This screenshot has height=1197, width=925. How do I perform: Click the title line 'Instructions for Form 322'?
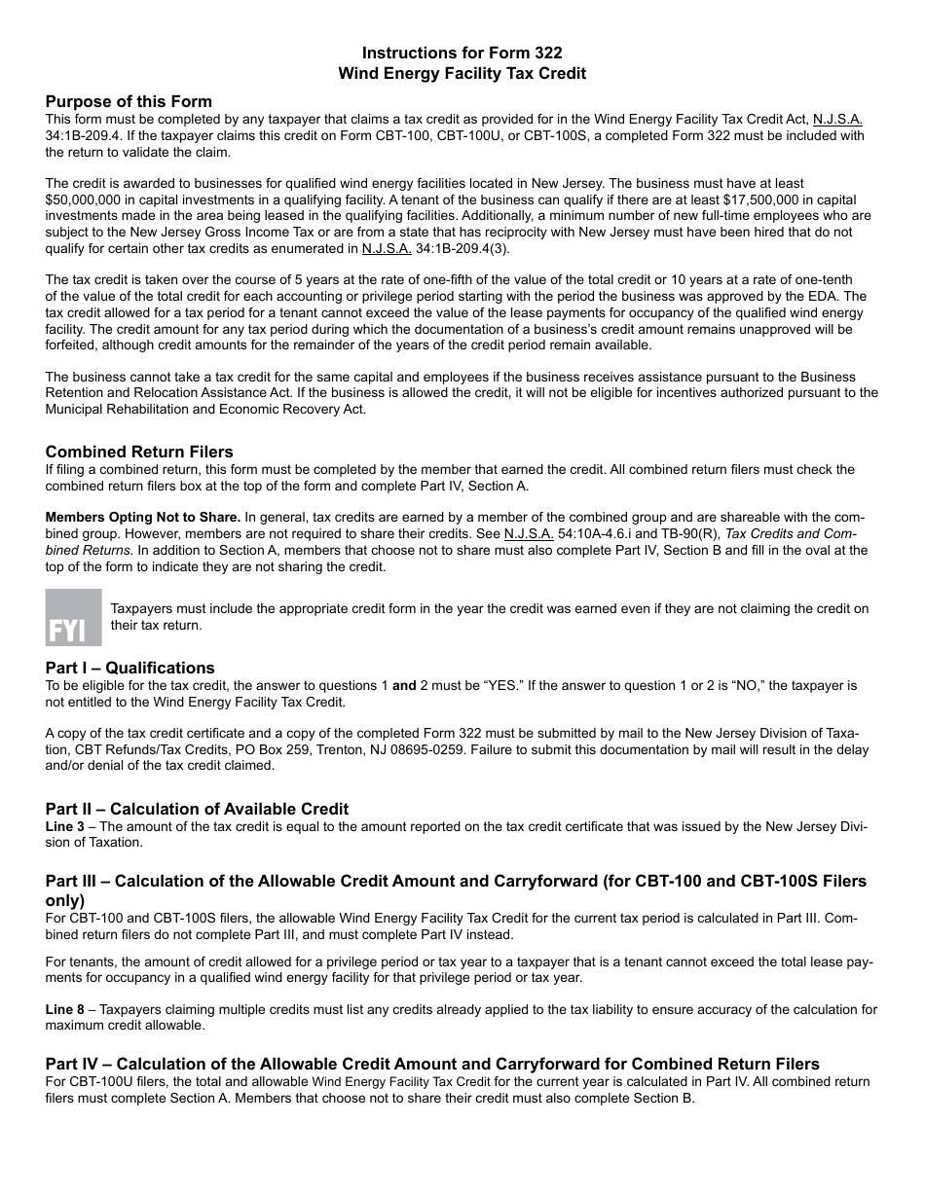(x=462, y=53)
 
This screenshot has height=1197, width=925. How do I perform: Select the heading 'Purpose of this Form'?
(x=129, y=101)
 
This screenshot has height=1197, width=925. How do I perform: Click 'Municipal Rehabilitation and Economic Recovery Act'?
(x=205, y=409)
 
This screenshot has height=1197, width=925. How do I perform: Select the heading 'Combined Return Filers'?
(x=139, y=452)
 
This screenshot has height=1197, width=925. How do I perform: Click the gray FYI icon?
(x=73, y=617)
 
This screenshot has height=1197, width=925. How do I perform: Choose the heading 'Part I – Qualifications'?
(x=129, y=668)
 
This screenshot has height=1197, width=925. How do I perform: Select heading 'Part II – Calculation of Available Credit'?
(x=197, y=809)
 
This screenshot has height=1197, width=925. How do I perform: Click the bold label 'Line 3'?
(x=66, y=826)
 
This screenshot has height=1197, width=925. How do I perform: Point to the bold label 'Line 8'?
(x=66, y=1009)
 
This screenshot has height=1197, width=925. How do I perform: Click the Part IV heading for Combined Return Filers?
(x=432, y=1064)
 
